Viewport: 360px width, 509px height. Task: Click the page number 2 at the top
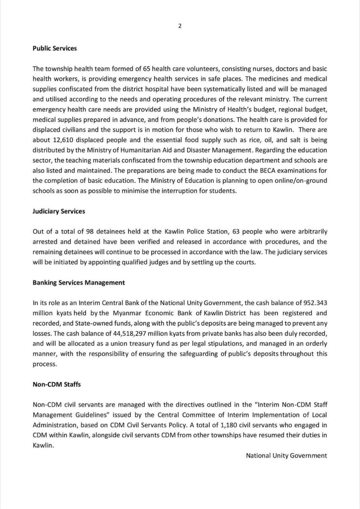click(180, 26)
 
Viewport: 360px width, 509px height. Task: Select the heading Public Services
click(55, 48)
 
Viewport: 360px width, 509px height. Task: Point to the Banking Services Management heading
click(78, 282)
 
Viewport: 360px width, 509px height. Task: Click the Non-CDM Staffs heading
click(56, 384)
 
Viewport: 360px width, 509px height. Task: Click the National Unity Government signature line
click(286, 455)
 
